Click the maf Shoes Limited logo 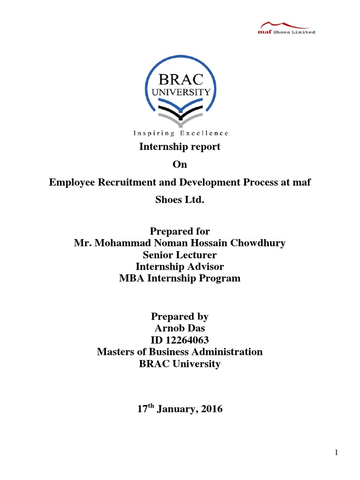pyautogui.click(x=287, y=28)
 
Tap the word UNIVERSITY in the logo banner pyautogui.click(x=180, y=92)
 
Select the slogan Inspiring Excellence pyautogui.click(x=180, y=133)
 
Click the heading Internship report pyautogui.click(x=180, y=147)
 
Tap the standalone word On pyautogui.click(x=180, y=164)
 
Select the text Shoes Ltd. pyautogui.click(x=180, y=199)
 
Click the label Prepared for pyautogui.click(x=180, y=231)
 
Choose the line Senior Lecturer pyautogui.click(x=180, y=255)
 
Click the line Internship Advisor pyautogui.click(x=180, y=266)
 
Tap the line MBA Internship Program pyautogui.click(x=180, y=278)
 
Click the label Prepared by pyautogui.click(x=180, y=316)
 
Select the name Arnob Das pyautogui.click(x=180, y=328)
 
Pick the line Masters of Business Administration pyautogui.click(x=180, y=352)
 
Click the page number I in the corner pyautogui.click(x=336, y=452)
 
